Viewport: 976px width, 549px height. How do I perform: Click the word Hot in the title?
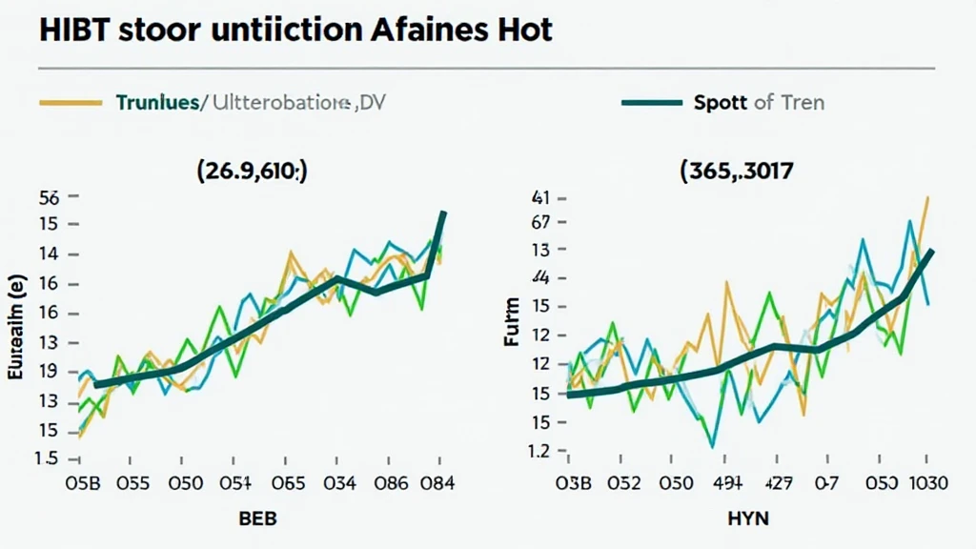tap(525, 29)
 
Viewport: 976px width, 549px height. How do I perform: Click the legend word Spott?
tap(722, 101)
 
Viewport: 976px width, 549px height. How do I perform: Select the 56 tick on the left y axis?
tap(48, 198)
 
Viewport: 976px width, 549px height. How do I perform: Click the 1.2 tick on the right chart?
tap(539, 452)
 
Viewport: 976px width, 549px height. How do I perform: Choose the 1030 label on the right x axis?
tap(923, 482)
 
